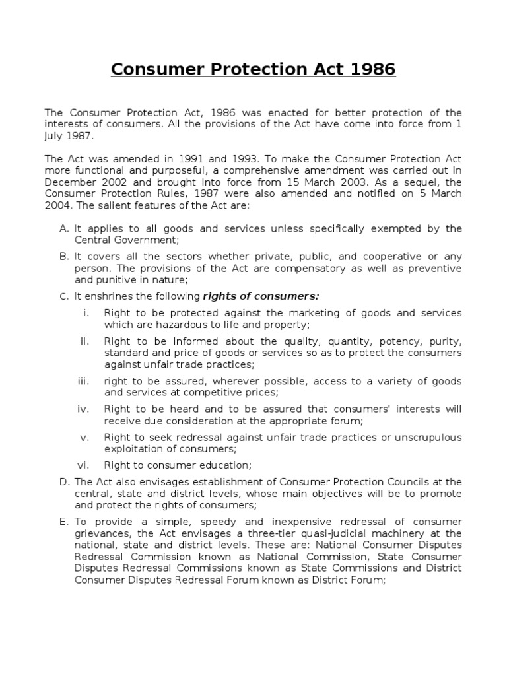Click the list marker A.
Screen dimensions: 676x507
(x=64, y=228)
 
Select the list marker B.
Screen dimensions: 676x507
(x=64, y=257)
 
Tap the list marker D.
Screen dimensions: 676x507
(x=64, y=482)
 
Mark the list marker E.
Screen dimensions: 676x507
(x=64, y=522)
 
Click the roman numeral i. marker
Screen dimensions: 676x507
(x=86, y=313)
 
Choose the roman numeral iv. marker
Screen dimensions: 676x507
(x=84, y=409)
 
